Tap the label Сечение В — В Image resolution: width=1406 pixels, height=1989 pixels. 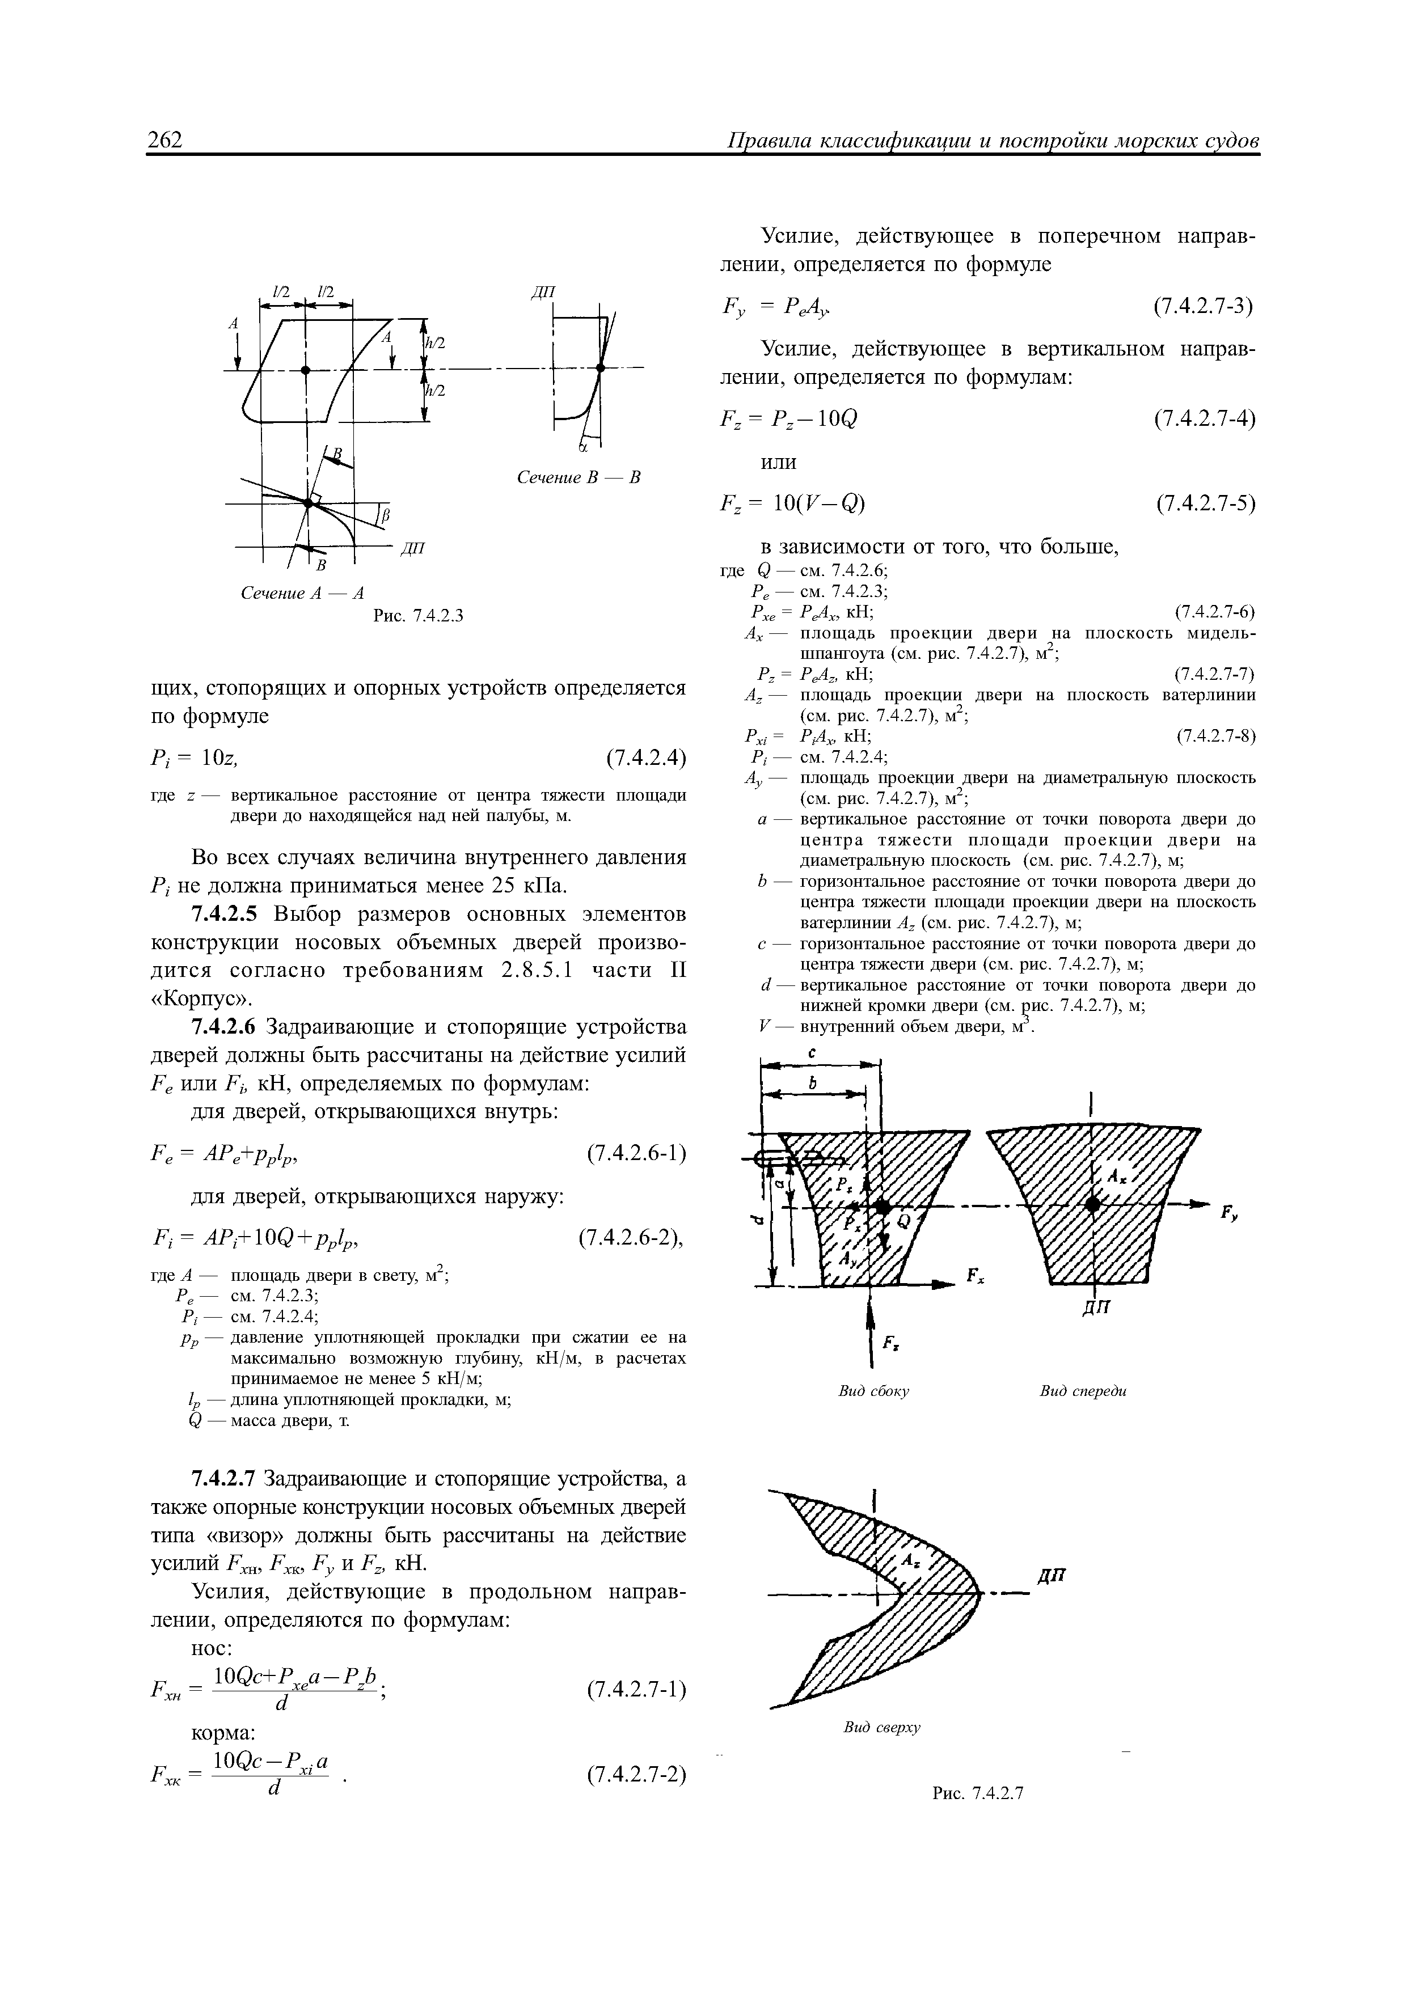coord(578,477)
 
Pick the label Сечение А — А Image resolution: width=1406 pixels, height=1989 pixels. coord(302,594)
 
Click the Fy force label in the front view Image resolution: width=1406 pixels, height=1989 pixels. coord(1229,1216)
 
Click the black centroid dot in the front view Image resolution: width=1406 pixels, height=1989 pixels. coord(1093,1205)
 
